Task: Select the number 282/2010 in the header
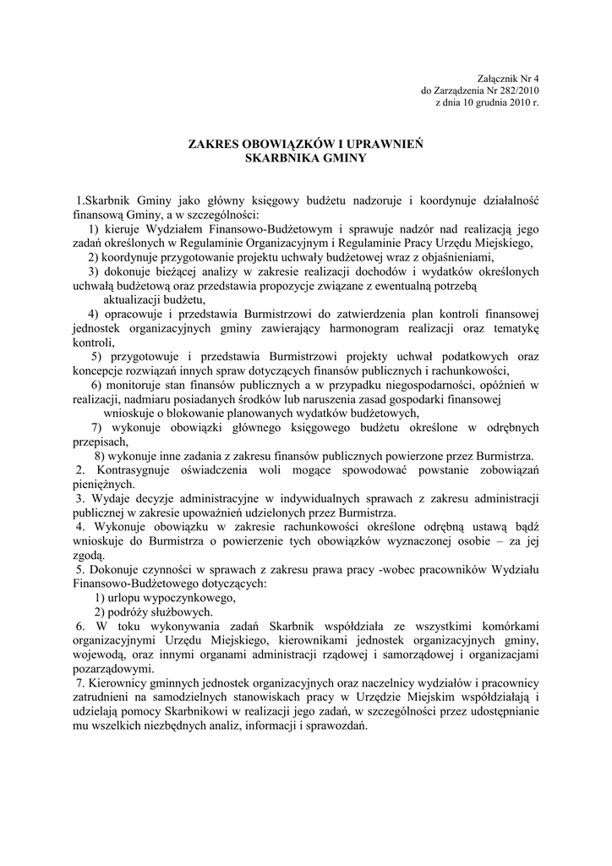(x=516, y=90)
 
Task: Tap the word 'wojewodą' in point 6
(x=101, y=655)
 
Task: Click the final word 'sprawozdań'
(x=335, y=726)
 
